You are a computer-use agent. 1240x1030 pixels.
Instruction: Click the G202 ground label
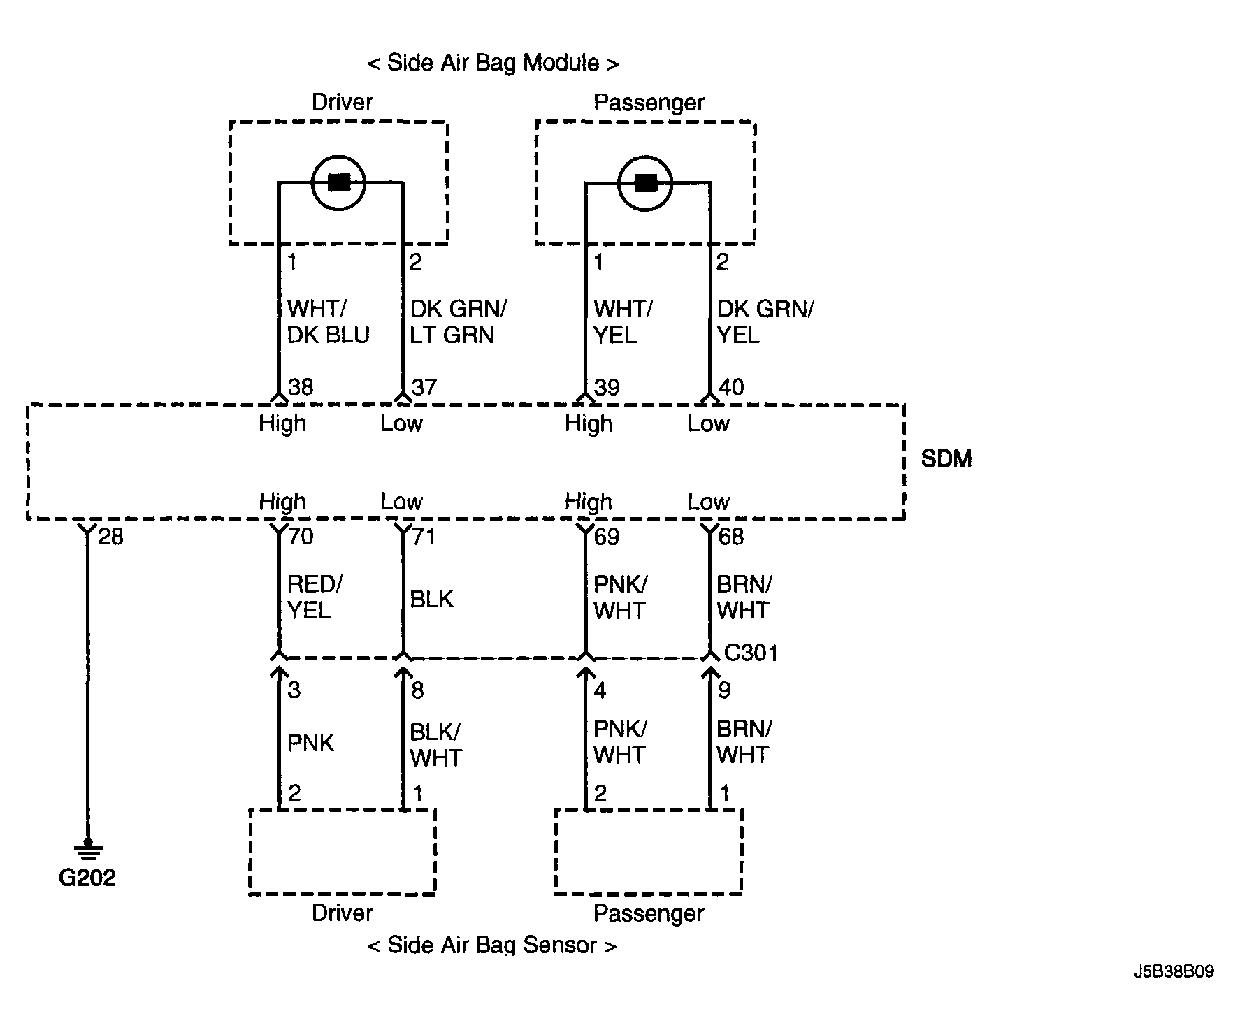point(87,878)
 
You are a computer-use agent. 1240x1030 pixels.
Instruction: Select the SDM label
point(946,459)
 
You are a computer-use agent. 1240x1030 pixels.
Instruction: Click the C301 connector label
point(751,653)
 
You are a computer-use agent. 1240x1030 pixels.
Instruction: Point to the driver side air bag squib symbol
point(339,183)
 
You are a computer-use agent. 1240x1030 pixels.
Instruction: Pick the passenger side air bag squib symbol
point(645,183)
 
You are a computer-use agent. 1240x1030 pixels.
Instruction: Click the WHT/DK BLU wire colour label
point(328,321)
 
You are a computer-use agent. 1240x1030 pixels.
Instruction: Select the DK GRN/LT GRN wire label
point(458,321)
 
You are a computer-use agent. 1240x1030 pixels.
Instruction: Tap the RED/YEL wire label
point(314,597)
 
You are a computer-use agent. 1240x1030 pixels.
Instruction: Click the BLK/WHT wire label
point(435,745)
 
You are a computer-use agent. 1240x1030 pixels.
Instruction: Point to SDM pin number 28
point(110,537)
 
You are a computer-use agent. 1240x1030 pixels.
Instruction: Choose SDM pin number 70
point(301,537)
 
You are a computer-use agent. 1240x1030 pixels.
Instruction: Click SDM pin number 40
point(731,387)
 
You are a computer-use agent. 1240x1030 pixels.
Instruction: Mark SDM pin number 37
point(424,387)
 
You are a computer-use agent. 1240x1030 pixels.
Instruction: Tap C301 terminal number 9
point(724,690)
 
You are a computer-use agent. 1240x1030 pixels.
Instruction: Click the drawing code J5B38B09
point(1174,971)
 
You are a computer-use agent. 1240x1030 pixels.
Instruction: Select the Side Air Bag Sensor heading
point(492,945)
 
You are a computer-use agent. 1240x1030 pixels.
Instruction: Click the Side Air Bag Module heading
point(493,63)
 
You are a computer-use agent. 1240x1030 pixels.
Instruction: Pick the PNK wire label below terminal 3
point(310,743)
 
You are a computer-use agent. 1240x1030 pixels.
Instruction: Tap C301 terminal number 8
point(417,690)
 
